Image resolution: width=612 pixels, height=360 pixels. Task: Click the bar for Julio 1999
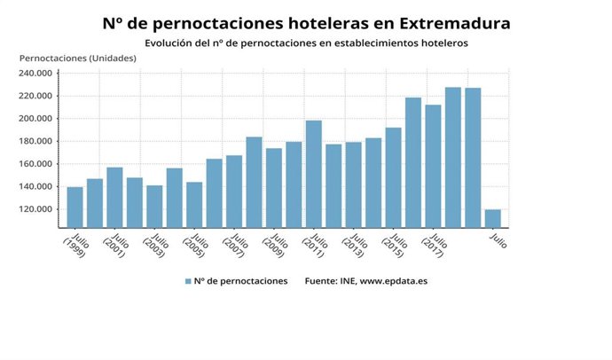[x=75, y=207]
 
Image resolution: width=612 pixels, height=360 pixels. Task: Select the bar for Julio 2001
[x=114, y=197]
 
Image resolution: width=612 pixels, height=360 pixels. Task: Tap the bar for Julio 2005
[x=194, y=204]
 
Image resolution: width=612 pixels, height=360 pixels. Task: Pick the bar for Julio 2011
[x=313, y=174]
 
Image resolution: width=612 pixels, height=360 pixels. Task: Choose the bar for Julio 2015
[x=393, y=177]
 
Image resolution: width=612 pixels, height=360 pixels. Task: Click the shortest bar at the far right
[x=492, y=218]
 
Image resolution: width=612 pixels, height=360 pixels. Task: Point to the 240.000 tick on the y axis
[x=39, y=74]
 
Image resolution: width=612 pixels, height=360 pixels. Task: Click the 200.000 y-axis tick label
[x=39, y=119]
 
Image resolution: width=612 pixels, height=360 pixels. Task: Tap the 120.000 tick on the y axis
[x=39, y=209]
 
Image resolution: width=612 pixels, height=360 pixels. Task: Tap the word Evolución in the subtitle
[x=170, y=42]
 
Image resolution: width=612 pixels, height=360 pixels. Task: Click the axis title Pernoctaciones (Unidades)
[x=77, y=58]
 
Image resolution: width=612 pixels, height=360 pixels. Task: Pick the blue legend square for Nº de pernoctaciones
[x=188, y=281]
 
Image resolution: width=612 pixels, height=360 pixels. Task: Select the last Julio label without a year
[x=498, y=239]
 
